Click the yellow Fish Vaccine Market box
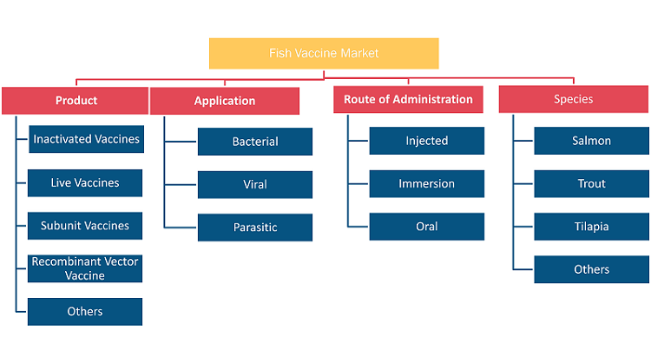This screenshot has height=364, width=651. click(324, 54)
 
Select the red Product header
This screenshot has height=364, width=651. click(76, 101)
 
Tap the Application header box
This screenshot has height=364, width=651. click(225, 101)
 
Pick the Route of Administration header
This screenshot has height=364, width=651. click(408, 99)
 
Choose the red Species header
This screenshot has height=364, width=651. click(574, 99)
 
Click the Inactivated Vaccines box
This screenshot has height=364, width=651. click(86, 139)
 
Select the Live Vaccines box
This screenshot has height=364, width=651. click(85, 182)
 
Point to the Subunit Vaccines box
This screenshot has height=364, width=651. click(85, 226)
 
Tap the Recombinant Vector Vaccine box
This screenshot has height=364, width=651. click(85, 268)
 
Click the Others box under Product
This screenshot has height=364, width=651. click(85, 312)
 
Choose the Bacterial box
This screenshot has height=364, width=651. click(255, 142)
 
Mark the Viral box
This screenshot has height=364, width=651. click(255, 184)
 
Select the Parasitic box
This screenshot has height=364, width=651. click(255, 228)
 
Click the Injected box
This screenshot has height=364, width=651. click(427, 141)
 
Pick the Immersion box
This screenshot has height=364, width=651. click(427, 183)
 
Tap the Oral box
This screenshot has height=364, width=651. click(427, 227)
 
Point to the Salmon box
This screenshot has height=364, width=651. click(592, 141)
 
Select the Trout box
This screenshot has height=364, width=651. click(592, 183)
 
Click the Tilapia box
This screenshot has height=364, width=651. click(592, 227)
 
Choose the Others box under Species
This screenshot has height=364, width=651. click(592, 269)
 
